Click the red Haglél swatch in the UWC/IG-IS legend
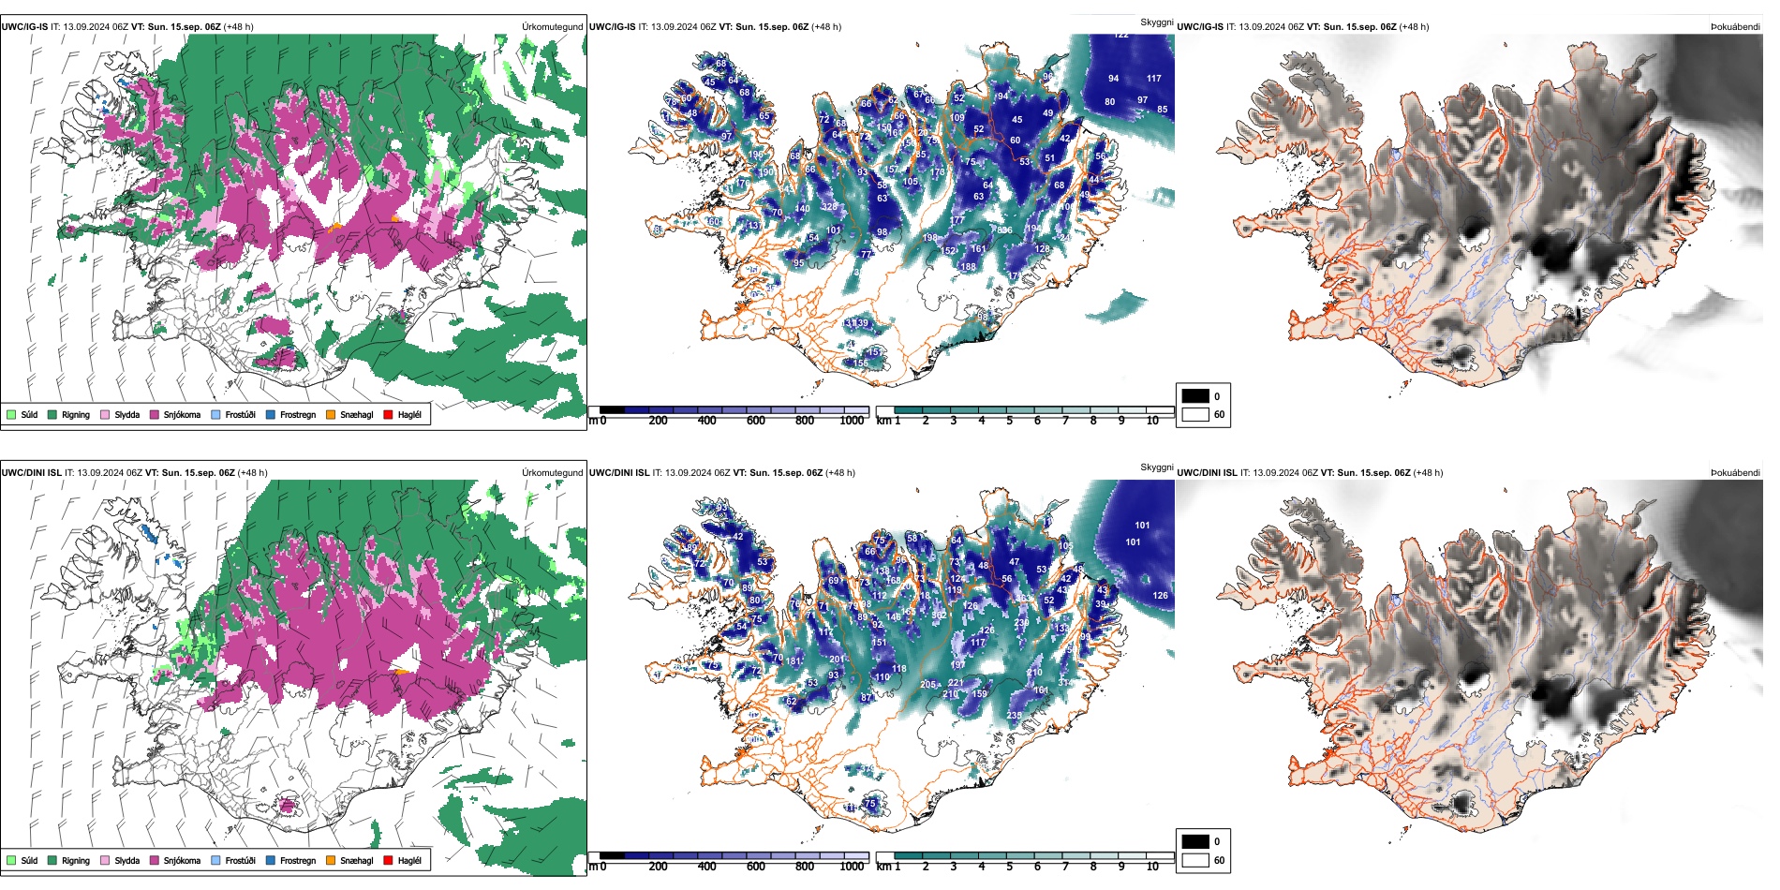(x=388, y=414)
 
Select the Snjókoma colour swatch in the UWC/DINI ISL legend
(x=155, y=860)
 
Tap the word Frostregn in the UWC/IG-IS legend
(x=297, y=415)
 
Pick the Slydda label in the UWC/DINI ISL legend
(x=126, y=861)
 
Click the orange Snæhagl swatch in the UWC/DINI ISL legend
(x=331, y=860)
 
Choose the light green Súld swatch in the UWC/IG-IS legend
(x=11, y=414)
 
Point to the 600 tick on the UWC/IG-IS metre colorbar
(x=755, y=421)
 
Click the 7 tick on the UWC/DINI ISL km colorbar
(x=1065, y=867)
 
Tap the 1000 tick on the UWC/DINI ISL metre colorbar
(x=852, y=867)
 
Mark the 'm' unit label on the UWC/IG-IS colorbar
(x=592, y=421)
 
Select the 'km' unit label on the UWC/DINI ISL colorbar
(x=883, y=867)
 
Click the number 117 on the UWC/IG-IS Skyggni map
(x=1154, y=79)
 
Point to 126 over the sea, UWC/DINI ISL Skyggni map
(x=1161, y=596)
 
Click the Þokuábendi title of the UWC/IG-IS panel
(x=1735, y=27)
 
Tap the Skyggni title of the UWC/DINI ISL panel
(x=1156, y=467)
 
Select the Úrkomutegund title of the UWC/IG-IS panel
(x=552, y=27)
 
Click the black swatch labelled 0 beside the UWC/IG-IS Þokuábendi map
(x=1195, y=396)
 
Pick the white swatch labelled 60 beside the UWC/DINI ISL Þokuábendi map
(x=1195, y=860)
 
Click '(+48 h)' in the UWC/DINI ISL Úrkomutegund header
(x=252, y=473)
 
